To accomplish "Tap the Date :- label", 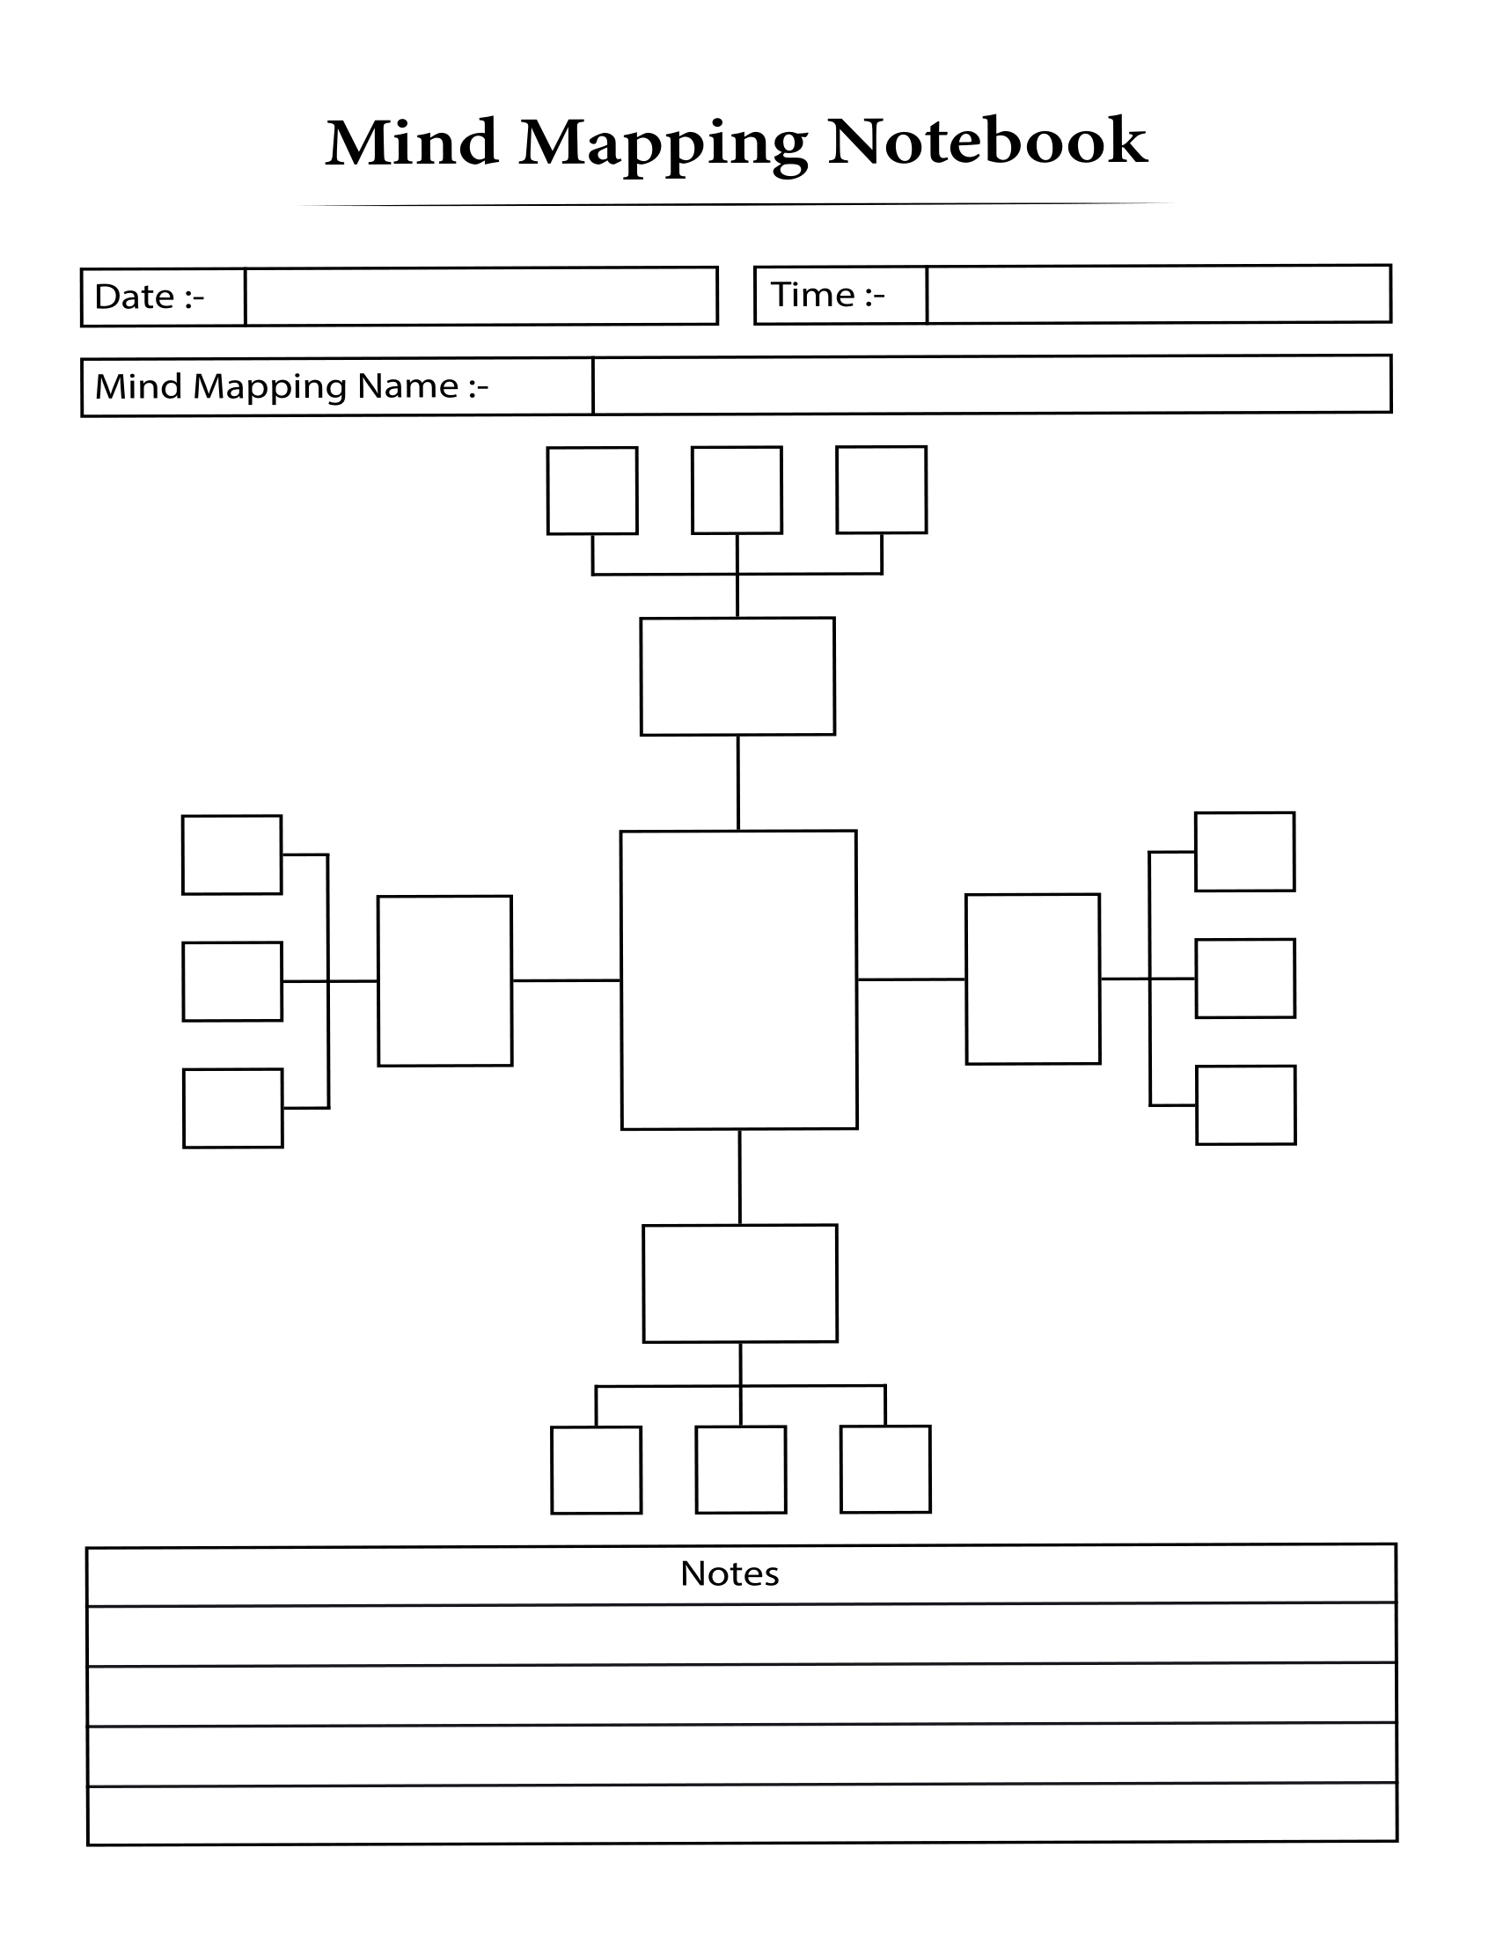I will point(149,297).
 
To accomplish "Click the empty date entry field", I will point(480,297).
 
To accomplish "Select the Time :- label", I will point(828,295).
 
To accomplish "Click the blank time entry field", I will point(1157,294).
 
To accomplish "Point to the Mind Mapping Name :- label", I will point(291,386).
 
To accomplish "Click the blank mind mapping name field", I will point(991,385).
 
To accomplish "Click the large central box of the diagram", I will point(738,979).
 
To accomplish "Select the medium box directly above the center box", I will point(737,677).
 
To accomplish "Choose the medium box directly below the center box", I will point(740,1283).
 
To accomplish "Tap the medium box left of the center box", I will point(445,980).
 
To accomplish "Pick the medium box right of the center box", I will point(1032,979).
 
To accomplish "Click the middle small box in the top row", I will point(737,490).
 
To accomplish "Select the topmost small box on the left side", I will point(232,854).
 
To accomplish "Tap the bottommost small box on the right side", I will point(1245,1104).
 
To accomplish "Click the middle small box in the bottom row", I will point(741,1469).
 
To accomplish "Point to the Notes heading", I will point(730,1573).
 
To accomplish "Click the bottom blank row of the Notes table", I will point(742,1814).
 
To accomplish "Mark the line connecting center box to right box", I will point(911,979).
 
